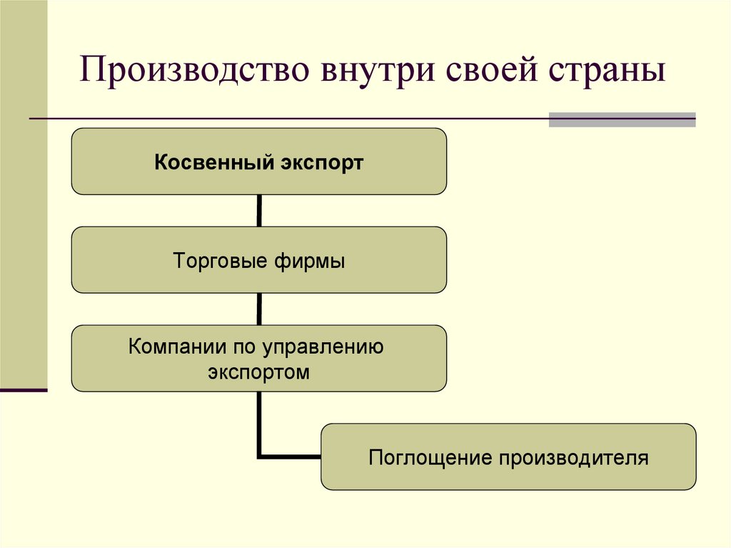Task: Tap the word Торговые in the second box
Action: (x=219, y=261)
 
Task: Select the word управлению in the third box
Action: (x=323, y=348)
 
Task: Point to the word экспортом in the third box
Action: (x=259, y=372)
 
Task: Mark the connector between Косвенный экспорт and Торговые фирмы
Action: (x=258, y=211)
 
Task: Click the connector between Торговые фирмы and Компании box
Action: (x=258, y=309)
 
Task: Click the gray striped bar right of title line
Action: (x=622, y=119)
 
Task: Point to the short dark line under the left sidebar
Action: (x=24, y=390)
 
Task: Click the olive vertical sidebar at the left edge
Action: (x=24, y=214)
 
